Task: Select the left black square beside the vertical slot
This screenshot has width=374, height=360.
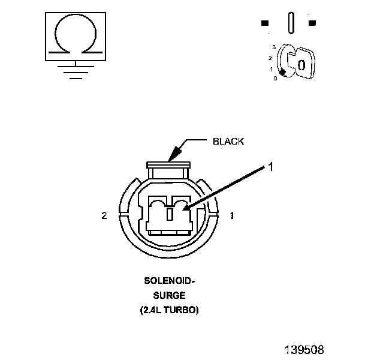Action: tap(265, 23)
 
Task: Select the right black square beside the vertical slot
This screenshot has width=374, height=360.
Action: tap(312, 23)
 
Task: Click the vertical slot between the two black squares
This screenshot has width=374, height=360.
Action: tap(291, 23)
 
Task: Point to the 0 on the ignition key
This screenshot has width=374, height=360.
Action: tap(301, 65)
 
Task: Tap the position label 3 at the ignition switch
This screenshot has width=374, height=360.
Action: tap(274, 47)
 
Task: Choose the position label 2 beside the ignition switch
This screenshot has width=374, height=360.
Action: tap(270, 58)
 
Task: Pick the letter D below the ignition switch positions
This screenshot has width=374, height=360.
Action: tap(276, 79)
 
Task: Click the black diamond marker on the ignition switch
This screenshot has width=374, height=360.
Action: tap(283, 73)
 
